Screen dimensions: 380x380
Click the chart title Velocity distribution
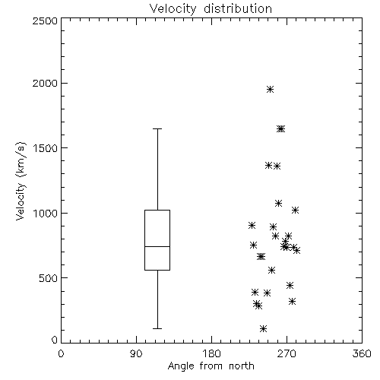coord(211,9)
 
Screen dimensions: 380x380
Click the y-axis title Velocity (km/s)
coord(21,181)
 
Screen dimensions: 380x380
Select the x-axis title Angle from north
coord(211,366)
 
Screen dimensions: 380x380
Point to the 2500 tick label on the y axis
coord(45,21)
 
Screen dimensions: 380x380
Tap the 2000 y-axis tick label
coord(45,83)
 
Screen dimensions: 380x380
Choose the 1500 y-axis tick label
coord(46,148)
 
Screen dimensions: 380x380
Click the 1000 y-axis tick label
coord(46,213)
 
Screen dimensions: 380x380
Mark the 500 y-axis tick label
coord(49,278)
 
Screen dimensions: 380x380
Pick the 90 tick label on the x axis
coord(136,353)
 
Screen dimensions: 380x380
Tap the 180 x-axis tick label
coord(211,353)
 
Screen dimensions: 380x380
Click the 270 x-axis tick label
coord(287,353)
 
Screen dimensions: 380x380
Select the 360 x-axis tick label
coord(362,353)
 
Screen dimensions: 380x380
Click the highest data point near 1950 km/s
coord(270,89)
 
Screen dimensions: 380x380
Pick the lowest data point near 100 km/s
coord(263,328)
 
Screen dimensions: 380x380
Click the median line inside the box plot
coord(157,246)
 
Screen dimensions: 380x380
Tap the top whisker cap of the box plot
coord(157,128)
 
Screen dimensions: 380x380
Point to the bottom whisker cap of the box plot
coord(157,328)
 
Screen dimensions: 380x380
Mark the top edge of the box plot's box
coord(157,210)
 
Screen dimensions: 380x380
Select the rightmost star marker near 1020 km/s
coord(295,210)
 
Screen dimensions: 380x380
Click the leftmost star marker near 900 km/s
coord(252,225)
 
